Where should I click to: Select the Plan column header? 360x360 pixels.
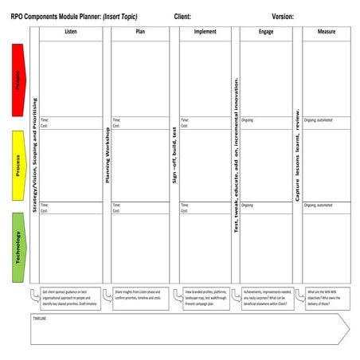tap(140, 32)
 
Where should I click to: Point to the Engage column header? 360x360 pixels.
tap(266, 32)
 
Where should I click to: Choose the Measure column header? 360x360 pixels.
tap(326, 32)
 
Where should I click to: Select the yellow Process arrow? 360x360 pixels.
tap(18, 166)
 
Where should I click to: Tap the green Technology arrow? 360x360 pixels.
tap(18, 248)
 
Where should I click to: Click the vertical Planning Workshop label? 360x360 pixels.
tap(107, 155)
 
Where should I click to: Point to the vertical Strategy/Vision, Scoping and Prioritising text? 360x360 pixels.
tap(35, 155)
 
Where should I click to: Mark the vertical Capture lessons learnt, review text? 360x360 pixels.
tap(296, 155)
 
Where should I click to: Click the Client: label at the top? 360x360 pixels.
tap(182, 16)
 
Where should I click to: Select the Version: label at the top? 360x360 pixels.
tap(283, 16)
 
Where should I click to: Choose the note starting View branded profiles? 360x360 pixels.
tap(205, 298)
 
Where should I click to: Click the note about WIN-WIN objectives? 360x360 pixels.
tap(327, 298)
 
